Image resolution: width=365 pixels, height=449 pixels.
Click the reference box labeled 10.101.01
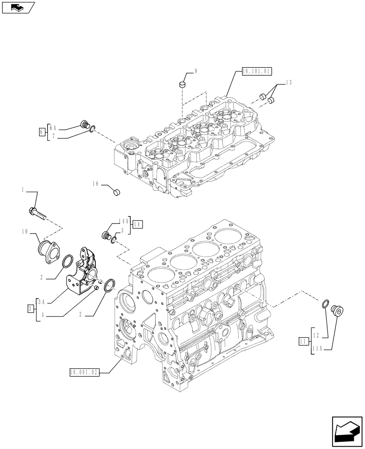[x=257, y=71]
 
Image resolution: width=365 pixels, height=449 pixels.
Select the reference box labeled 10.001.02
[x=84, y=372]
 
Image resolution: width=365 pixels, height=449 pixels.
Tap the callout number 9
[x=196, y=70]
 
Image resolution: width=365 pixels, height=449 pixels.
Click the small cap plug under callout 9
[x=182, y=84]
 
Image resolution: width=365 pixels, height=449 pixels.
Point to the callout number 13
[x=288, y=82]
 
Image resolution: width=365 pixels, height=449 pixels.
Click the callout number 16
[x=95, y=184]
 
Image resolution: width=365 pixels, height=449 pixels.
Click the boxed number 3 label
[x=30, y=308]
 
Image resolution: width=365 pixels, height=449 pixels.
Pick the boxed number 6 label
[x=42, y=131]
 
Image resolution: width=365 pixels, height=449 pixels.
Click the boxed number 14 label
[x=137, y=224]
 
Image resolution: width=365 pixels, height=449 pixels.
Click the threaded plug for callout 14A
[x=107, y=235]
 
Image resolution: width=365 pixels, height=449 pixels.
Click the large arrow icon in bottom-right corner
[x=346, y=431]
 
